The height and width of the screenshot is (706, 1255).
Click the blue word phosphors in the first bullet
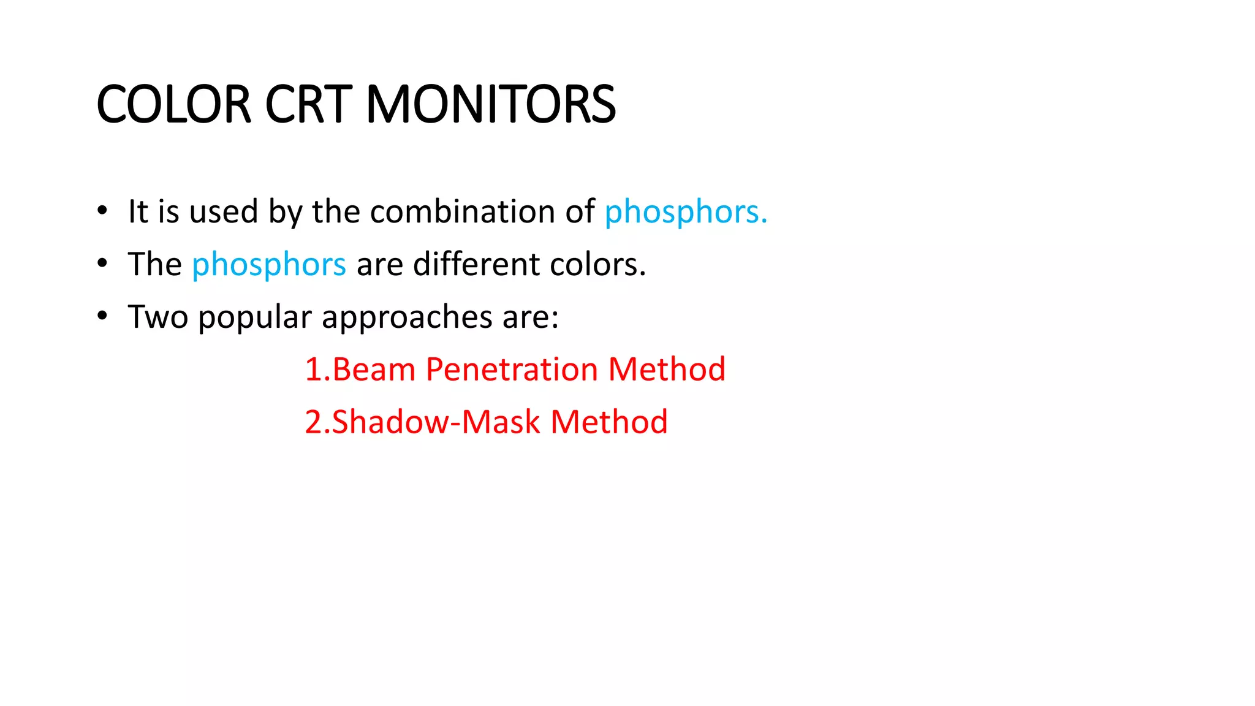tap(685, 212)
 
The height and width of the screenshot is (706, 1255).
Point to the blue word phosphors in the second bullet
tap(269, 265)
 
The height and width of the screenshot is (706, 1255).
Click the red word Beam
tap(374, 370)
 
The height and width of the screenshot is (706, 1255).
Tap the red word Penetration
tap(512, 370)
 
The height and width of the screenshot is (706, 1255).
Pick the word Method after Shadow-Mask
tap(609, 422)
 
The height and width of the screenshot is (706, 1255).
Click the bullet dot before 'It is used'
tap(102, 211)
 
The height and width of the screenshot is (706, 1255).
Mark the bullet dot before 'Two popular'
tap(102, 316)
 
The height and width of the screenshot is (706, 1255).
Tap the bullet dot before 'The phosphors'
tap(102, 264)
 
